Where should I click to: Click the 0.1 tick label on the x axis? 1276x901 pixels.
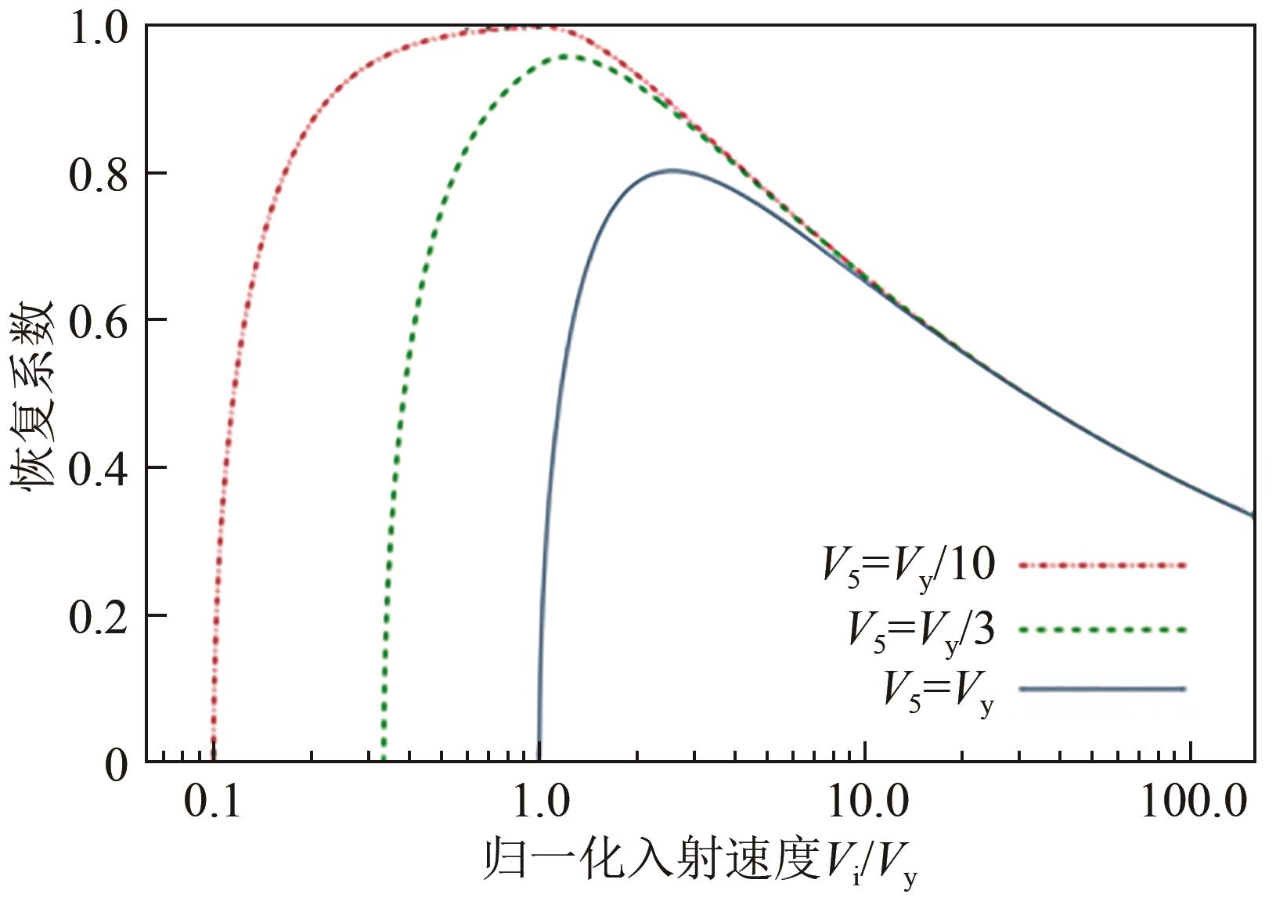point(212,802)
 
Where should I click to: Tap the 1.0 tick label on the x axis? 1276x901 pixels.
point(539,802)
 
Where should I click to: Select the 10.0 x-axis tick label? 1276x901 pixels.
point(864,802)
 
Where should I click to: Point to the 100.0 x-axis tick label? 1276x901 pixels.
point(1191,802)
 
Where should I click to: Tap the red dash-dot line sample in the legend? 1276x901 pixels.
point(1102,564)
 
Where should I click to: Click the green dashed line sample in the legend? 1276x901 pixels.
point(1102,629)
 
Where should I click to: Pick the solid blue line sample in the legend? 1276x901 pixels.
point(1102,689)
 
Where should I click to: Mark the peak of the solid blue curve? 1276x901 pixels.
point(672,170)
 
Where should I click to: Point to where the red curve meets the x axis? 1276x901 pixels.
point(213,759)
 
